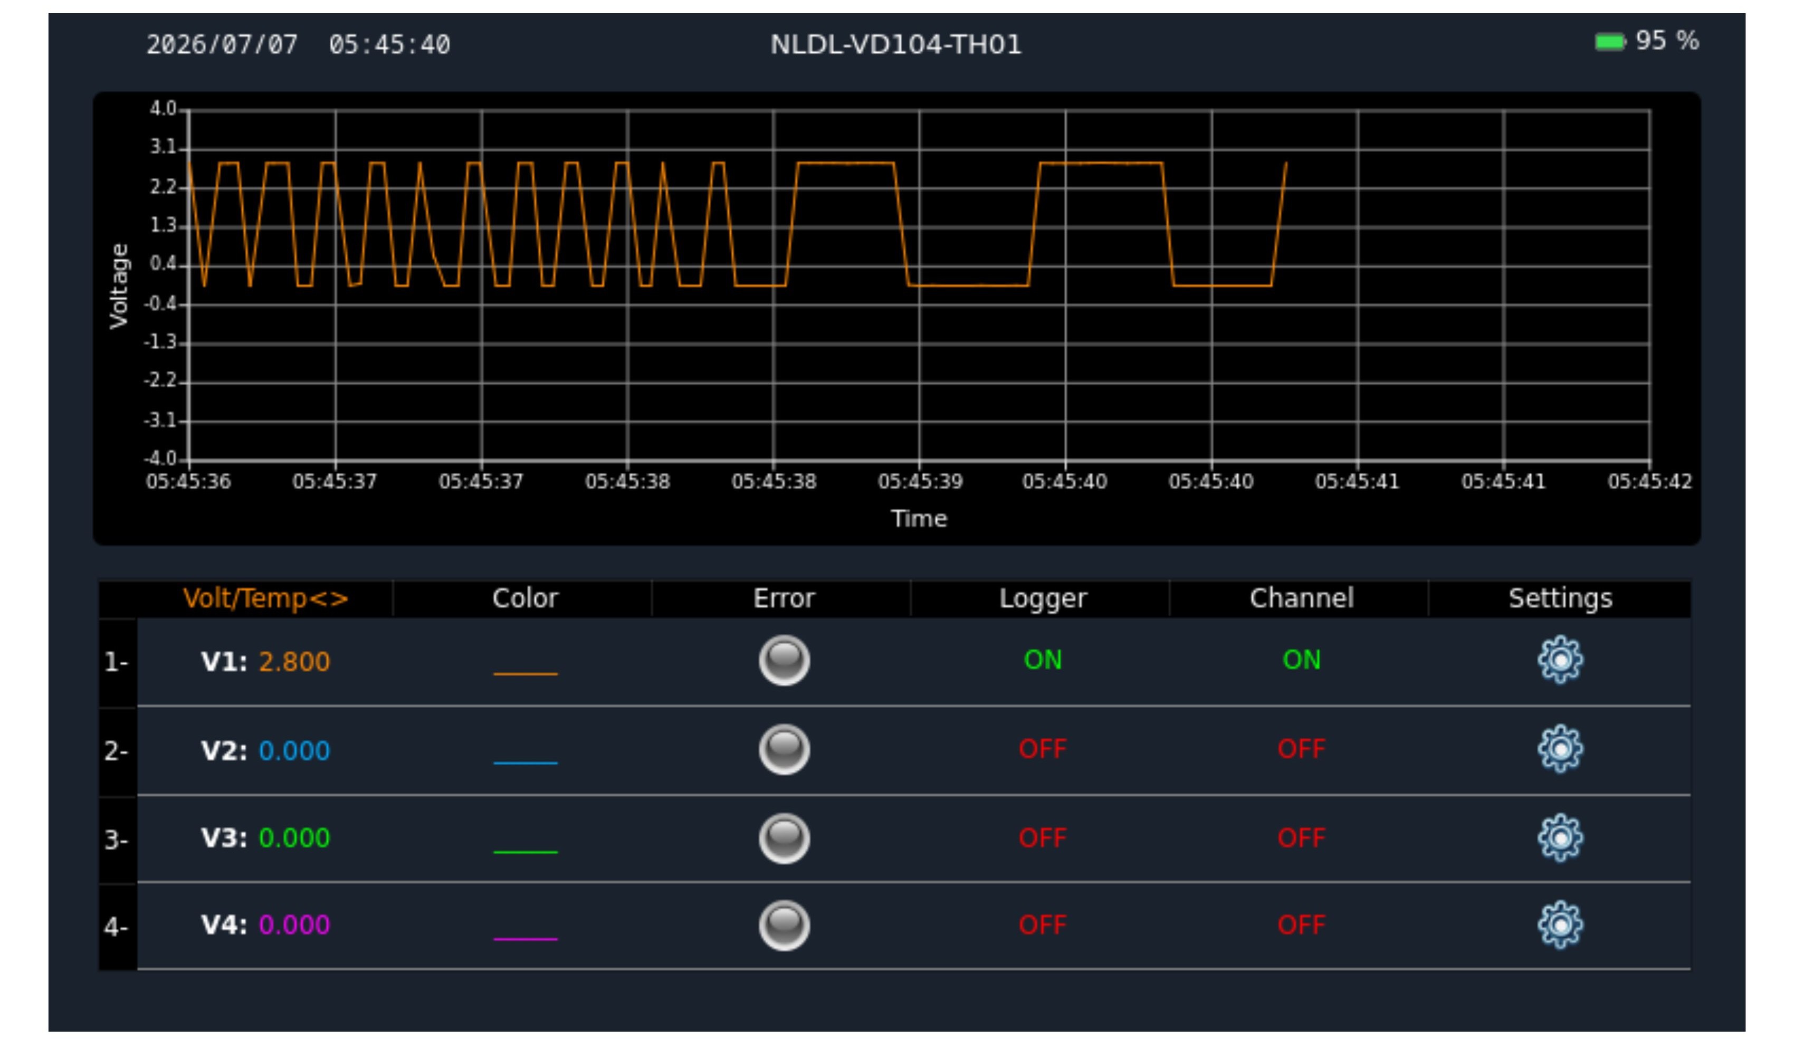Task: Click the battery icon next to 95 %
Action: pyautogui.click(x=1610, y=42)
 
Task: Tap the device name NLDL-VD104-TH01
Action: pyautogui.click(x=895, y=45)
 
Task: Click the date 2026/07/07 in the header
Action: pyautogui.click(x=222, y=45)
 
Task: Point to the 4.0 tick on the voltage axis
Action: pyautogui.click(x=163, y=109)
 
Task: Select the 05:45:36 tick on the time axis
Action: pyautogui.click(x=189, y=482)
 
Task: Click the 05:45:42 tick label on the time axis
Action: pyautogui.click(x=1649, y=482)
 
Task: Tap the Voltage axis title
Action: pyautogui.click(x=119, y=286)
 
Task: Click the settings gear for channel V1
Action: pyautogui.click(x=1560, y=660)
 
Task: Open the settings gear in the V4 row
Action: pyautogui.click(x=1560, y=925)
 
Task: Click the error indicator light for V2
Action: pyautogui.click(x=784, y=749)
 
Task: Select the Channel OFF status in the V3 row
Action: pyautogui.click(x=1301, y=838)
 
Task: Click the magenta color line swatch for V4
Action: pyautogui.click(x=526, y=939)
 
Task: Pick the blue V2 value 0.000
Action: pyautogui.click(x=294, y=751)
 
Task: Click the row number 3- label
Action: pyautogui.click(x=116, y=840)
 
